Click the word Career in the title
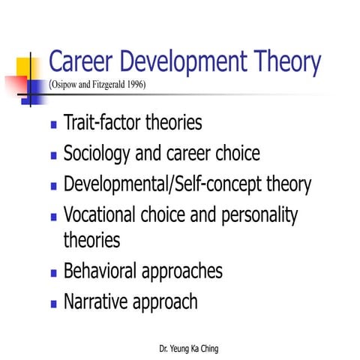[x=82, y=61]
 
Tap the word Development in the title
[x=184, y=61]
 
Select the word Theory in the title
[x=286, y=61]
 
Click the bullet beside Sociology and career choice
[x=53, y=156]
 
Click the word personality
[x=258, y=216]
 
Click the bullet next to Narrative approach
[x=53, y=304]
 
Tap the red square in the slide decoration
[x=13, y=85]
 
